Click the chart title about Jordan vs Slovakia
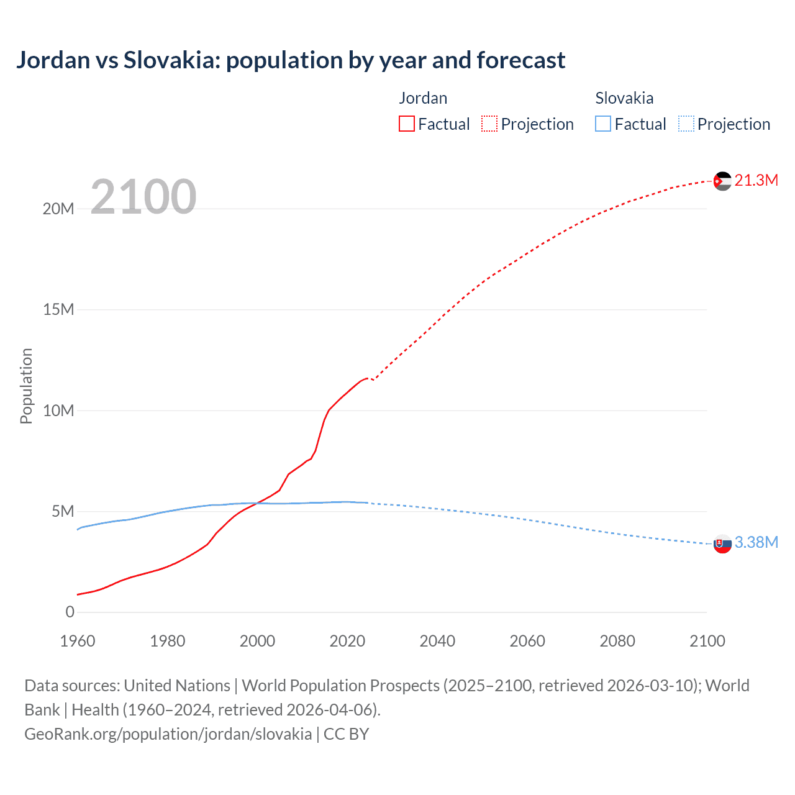pos(291,60)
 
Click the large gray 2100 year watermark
pos(143,197)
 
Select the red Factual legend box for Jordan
pos(407,124)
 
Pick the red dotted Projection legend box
pos(489,124)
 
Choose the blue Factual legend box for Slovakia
pos(603,124)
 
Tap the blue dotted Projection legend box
pos(686,124)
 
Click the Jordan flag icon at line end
pos(722,181)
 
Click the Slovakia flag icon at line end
pos(722,543)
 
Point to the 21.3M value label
pos(756,180)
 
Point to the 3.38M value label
pos(756,542)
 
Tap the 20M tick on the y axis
pos(58,209)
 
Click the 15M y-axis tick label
pos(58,309)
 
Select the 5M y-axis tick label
pos(63,511)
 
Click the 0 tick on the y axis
pos(70,612)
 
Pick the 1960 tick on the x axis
pos(78,641)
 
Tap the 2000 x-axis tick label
pos(257,641)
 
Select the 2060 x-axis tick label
pos(527,641)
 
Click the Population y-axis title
pos(26,386)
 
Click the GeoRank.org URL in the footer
pos(168,734)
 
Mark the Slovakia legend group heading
pos(624,98)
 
